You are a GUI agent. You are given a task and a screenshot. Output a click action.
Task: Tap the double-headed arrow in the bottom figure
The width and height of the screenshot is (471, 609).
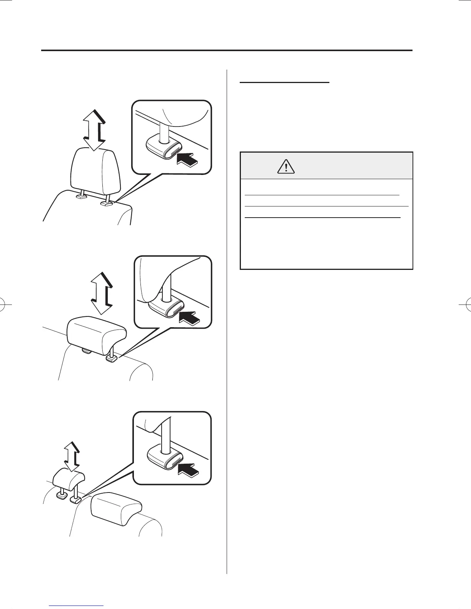click(x=72, y=456)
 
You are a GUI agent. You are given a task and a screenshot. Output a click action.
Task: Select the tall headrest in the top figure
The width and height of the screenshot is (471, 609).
click(x=95, y=171)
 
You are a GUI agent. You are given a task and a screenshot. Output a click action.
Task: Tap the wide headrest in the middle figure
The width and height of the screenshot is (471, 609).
click(x=96, y=334)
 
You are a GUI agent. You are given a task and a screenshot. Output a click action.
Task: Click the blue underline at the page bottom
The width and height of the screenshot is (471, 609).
click(x=77, y=606)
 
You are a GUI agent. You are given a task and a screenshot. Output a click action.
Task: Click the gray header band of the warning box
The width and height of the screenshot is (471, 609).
click(x=326, y=165)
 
